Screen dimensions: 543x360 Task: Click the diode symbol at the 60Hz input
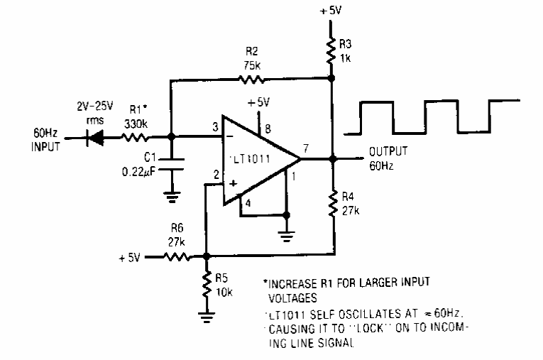tap(95, 138)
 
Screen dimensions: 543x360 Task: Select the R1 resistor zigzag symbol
tap(135, 138)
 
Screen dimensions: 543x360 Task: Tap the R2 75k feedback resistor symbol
tap(252, 80)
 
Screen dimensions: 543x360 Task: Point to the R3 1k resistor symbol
tap(331, 50)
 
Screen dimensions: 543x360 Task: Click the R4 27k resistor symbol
tap(333, 203)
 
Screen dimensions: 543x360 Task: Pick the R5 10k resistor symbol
tap(207, 284)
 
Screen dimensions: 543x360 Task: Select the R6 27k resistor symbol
tap(177, 257)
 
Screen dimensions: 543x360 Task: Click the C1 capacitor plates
tap(171, 164)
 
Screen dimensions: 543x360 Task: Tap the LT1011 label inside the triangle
tap(251, 158)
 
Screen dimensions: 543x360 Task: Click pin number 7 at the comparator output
tap(305, 148)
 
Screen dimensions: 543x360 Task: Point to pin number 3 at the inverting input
tap(215, 127)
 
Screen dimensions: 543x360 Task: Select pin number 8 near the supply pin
tap(268, 129)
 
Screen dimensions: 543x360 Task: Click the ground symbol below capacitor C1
tap(172, 197)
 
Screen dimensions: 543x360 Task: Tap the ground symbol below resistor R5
tap(207, 317)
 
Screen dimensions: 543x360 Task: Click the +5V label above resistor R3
tap(331, 11)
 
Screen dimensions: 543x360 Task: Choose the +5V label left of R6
tap(129, 258)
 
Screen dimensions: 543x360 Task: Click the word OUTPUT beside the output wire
tap(388, 151)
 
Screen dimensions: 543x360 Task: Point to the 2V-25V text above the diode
tap(95, 106)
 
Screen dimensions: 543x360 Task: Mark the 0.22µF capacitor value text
tap(138, 173)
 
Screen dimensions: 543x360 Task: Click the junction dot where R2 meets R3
tap(331, 78)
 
